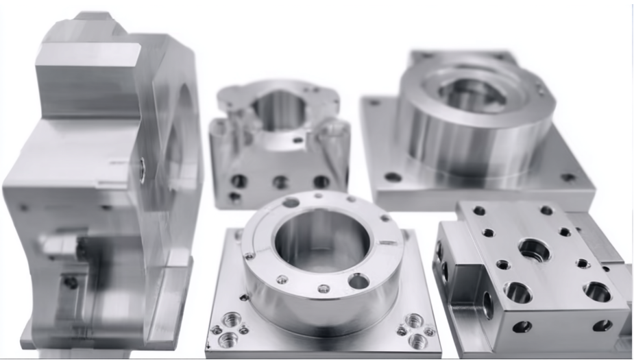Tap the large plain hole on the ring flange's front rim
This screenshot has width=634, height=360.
click(x=358, y=280)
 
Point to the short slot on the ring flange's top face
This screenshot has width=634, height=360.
click(x=387, y=242)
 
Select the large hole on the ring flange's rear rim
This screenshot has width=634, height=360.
click(x=291, y=202)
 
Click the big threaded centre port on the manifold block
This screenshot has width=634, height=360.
click(x=533, y=250)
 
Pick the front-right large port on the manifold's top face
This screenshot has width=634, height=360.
click(x=597, y=291)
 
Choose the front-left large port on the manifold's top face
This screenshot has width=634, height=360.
click(x=517, y=292)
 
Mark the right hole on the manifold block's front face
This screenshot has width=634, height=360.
click(x=602, y=325)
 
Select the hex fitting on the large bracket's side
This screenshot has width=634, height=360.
click(x=58, y=244)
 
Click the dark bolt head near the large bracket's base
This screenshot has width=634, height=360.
click(x=71, y=282)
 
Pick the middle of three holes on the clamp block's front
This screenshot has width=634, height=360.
click(x=280, y=182)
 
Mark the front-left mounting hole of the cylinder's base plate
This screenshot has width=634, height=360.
click(x=393, y=177)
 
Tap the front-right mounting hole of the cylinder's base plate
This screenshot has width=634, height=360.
click(x=568, y=178)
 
